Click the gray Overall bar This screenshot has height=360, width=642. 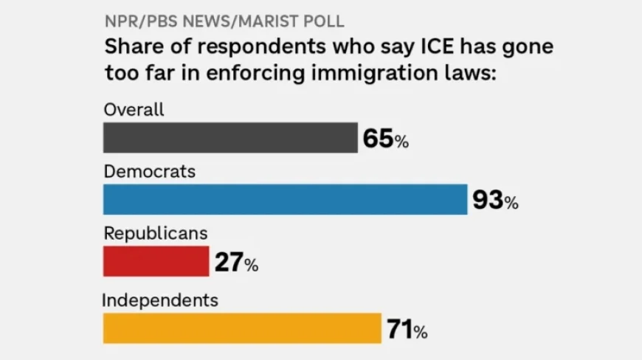(x=230, y=138)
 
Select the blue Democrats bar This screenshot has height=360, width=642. (x=285, y=199)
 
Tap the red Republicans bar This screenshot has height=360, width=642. (x=156, y=261)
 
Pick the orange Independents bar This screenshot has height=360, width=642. (x=241, y=328)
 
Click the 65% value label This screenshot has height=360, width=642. (x=385, y=139)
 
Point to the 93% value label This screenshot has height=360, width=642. (x=495, y=200)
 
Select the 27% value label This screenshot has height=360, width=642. (x=236, y=262)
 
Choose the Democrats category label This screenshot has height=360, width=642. (x=149, y=171)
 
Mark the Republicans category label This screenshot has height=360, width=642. (x=155, y=233)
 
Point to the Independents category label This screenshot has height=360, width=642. (x=159, y=300)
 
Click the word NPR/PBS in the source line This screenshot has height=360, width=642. (x=137, y=21)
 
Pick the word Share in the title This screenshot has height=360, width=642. (x=130, y=47)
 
